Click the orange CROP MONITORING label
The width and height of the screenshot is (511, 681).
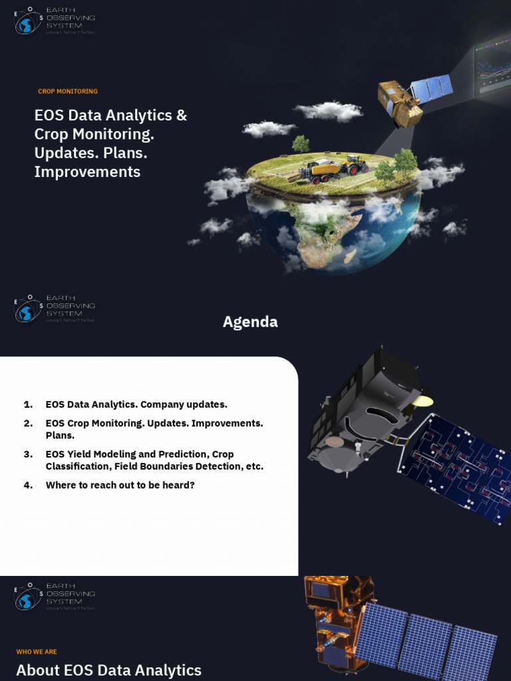[x=68, y=92]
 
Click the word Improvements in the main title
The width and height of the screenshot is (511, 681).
[x=87, y=172]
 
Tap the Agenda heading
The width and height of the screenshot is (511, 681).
[x=250, y=322]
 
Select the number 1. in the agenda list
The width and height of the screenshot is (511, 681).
[x=28, y=404]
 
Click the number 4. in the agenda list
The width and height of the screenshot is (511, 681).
[x=28, y=485]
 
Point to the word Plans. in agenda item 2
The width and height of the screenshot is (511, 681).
[x=60, y=436]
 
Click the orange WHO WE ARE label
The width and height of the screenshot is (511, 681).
[x=37, y=652]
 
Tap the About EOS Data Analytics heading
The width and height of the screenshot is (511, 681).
[x=108, y=670]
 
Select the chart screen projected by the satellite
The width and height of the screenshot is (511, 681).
[x=491, y=68]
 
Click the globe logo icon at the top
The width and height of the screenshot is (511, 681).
[x=26, y=25]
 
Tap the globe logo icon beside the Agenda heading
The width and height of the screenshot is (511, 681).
[x=26, y=312]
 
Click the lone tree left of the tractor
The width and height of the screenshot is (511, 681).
[x=301, y=144]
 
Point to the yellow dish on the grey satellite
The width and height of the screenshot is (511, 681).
[x=422, y=401]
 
